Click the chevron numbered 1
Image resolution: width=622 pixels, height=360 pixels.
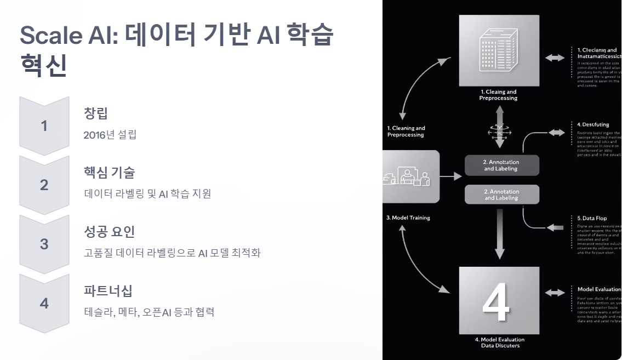click(x=44, y=126)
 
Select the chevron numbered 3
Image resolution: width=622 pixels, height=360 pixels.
click(x=44, y=244)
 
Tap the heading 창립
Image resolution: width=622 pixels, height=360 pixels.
click(x=96, y=113)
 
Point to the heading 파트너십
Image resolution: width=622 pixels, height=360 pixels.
click(x=108, y=291)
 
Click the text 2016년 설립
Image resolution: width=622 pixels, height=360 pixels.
click(x=110, y=135)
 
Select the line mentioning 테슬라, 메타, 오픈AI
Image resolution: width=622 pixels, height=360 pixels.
click(x=149, y=312)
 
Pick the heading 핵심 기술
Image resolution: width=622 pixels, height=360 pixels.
click(x=109, y=173)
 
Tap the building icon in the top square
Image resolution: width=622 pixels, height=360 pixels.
click(x=499, y=50)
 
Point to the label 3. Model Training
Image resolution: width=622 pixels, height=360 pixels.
click(x=408, y=218)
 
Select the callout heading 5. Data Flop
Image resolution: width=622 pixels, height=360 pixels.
click(x=592, y=218)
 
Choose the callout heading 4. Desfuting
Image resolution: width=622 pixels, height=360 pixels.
click(x=593, y=125)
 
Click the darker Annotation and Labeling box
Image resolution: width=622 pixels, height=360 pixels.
click(x=501, y=165)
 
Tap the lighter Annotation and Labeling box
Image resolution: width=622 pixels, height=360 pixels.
click(x=501, y=195)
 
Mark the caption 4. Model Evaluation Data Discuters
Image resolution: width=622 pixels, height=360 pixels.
click(x=499, y=342)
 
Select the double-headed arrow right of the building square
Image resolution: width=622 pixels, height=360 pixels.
click(x=555, y=58)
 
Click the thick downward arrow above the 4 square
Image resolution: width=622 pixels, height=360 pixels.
click(x=499, y=233)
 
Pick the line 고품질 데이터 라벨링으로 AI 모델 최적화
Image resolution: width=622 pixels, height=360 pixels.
click(x=172, y=253)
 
